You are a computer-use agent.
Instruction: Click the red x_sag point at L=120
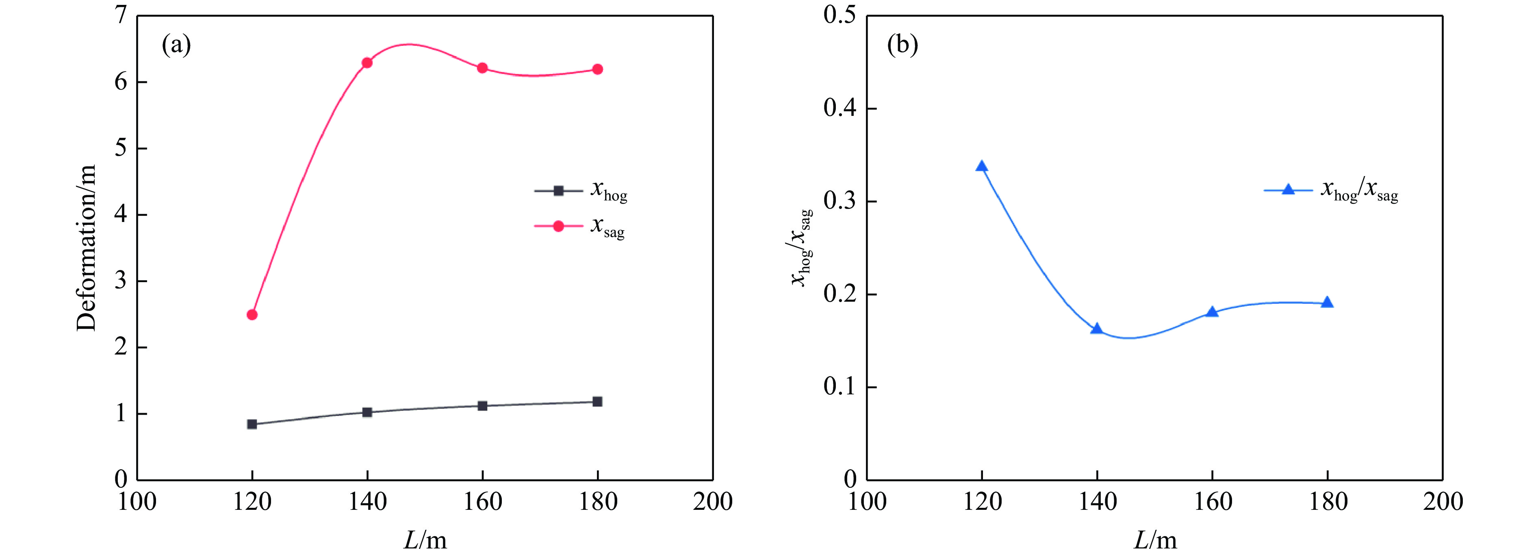point(252,314)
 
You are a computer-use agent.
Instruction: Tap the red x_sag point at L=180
point(597,69)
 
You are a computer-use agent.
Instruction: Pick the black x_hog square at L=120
point(252,424)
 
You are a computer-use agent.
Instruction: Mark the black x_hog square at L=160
point(482,405)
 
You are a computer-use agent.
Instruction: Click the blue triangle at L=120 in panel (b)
point(981,166)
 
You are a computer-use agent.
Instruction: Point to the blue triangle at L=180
point(1327,302)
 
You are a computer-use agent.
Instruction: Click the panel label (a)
point(176,45)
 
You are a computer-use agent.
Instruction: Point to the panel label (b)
point(902,45)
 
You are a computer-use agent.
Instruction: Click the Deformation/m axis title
point(87,248)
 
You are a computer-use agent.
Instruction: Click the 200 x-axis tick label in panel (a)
point(713,502)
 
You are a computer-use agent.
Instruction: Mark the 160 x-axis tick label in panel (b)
point(1212,502)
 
